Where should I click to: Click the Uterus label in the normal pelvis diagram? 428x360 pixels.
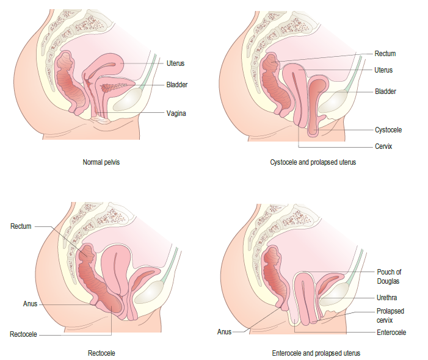(175, 63)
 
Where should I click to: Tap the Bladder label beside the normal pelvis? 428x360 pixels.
(176, 85)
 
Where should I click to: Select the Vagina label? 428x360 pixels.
(176, 113)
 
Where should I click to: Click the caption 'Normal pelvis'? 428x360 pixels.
(101, 163)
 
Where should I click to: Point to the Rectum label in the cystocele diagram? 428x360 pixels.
(385, 54)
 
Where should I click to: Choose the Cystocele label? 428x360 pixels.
(388, 129)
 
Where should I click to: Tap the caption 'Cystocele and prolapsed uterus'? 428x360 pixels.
(313, 163)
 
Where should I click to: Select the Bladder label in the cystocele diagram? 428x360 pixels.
(385, 92)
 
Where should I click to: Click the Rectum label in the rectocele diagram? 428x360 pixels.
(21, 226)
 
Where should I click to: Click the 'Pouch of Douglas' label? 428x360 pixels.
(388, 276)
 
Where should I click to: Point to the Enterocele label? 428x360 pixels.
(391, 333)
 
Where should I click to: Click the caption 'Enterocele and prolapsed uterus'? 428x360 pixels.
(316, 353)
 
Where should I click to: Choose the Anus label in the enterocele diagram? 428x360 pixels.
(224, 332)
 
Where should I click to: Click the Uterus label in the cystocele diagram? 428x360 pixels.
(383, 70)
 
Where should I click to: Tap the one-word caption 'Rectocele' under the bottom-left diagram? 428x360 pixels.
(101, 353)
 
